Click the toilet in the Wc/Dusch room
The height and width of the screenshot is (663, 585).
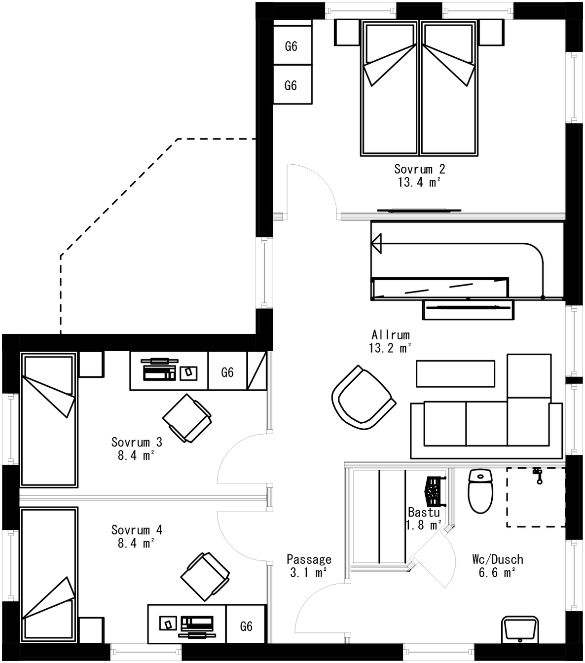pyautogui.click(x=480, y=492)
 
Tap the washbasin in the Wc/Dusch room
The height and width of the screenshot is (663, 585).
pyautogui.click(x=519, y=629)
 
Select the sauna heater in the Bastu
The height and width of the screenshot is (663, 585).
pyautogui.click(x=434, y=491)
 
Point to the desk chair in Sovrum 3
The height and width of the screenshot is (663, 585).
pyautogui.click(x=187, y=418)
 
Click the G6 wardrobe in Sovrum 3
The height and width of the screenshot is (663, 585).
pyautogui.click(x=227, y=372)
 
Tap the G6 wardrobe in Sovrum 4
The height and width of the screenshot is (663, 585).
pyautogui.click(x=246, y=626)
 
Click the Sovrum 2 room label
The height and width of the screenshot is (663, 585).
pyautogui.click(x=419, y=169)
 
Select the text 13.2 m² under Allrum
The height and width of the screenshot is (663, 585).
pyautogui.click(x=390, y=348)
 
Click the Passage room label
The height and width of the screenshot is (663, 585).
pyautogui.click(x=309, y=559)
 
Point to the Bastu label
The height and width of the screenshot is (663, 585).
pyautogui.click(x=423, y=513)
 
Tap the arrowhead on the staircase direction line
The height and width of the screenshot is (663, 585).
pyautogui.click(x=376, y=244)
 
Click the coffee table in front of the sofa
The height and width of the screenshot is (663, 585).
pyautogui.click(x=455, y=373)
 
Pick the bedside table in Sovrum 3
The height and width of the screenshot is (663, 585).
pyautogui.click(x=91, y=365)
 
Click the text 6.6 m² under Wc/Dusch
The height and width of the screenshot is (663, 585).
pyautogui.click(x=497, y=573)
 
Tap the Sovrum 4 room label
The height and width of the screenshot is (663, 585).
pyautogui.click(x=137, y=530)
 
